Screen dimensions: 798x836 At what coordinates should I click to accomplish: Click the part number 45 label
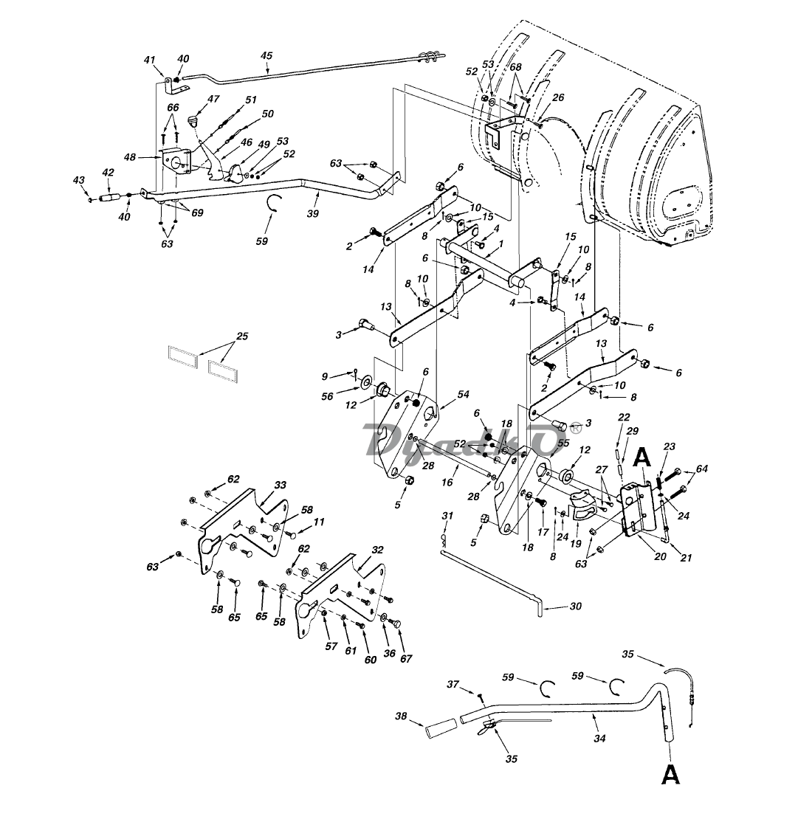tap(266, 55)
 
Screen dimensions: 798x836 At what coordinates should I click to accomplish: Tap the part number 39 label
tap(312, 213)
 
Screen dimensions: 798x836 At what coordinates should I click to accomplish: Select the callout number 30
tap(576, 607)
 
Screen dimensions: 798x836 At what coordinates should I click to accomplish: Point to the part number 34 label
tap(599, 739)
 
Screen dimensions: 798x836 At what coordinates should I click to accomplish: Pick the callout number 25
tap(242, 336)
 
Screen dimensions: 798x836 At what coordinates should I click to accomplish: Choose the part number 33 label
tap(280, 485)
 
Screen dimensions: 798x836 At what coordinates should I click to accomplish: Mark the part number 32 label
tap(377, 550)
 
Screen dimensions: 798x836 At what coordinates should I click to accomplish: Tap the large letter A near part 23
tap(644, 457)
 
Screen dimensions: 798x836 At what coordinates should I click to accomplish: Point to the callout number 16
tap(447, 482)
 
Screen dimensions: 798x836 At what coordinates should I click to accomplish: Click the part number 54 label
tap(463, 394)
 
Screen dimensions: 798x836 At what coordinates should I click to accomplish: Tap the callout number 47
tap(213, 99)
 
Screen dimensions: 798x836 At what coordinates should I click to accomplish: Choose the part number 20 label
tap(660, 556)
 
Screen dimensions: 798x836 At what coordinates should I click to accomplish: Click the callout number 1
tap(501, 243)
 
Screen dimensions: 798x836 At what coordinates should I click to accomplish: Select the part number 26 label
tap(558, 97)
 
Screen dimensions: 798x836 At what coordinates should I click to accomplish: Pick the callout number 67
tap(406, 658)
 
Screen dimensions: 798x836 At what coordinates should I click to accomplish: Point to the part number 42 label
tap(108, 172)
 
